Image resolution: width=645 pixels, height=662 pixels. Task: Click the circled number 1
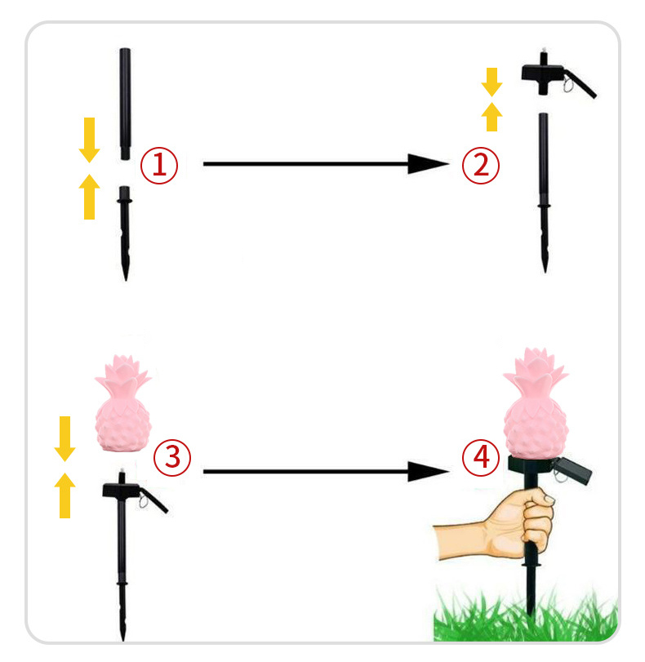[159, 165]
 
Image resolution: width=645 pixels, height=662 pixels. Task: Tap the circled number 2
[481, 165]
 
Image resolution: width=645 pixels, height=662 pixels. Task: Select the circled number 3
[172, 458]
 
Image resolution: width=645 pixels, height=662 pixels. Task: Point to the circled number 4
[481, 458]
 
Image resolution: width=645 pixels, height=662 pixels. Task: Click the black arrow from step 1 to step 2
[326, 164]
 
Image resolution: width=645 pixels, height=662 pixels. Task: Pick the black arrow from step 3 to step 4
[326, 471]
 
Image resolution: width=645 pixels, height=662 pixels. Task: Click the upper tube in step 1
[125, 104]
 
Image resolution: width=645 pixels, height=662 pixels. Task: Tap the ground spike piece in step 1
[125, 233]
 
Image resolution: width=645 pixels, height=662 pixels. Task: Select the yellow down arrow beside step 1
[89, 140]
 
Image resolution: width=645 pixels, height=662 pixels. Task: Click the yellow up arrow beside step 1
[89, 197]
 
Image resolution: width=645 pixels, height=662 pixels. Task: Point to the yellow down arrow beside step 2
[492, 82]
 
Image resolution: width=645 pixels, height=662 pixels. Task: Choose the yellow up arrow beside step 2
[492, 117]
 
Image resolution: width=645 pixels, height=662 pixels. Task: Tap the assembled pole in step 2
[544, 193]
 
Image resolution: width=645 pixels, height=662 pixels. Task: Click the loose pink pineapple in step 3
[123, 403]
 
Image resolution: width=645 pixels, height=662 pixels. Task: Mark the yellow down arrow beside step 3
[64, 438]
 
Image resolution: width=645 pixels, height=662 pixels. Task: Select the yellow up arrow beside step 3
[64, 495]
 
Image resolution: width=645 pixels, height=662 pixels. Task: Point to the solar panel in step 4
[572, 469]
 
